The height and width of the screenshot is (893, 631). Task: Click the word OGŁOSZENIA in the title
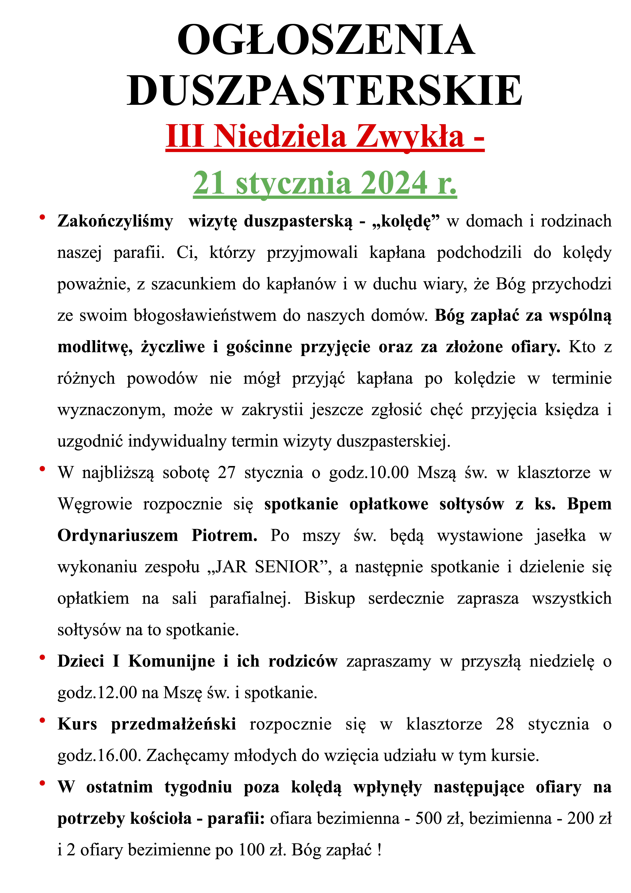click(x=326, y=40)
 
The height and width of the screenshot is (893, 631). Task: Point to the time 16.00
click(x=117, y=756)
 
